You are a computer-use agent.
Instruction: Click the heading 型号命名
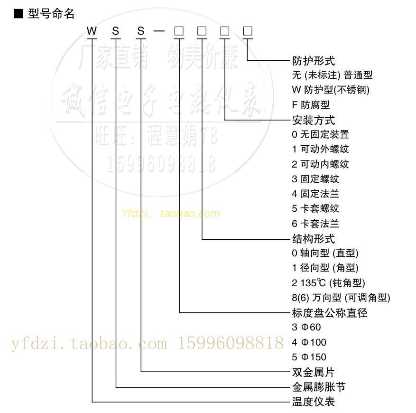tap(51, 14)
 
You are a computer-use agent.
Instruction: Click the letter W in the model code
tap(92, 31)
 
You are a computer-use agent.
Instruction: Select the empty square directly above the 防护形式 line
tap(248, 31)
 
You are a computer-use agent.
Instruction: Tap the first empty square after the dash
tap(179, 31)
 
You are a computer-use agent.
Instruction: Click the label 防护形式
tap(314, 60)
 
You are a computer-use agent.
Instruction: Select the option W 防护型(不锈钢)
tap(331, 90)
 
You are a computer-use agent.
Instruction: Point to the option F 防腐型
tap(311, 104)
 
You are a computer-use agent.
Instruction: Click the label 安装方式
tap(314, 120)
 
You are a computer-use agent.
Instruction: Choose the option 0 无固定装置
tap(321, 134)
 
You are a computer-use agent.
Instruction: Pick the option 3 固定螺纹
tap(316, 179)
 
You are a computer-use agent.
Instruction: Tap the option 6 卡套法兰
tap(316, 224)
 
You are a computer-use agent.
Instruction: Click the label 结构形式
tap(314, 238)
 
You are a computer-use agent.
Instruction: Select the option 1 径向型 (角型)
tap(325, 268)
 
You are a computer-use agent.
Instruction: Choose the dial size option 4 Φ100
tap(309, 342)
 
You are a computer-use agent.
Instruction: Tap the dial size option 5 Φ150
tap(309, 357)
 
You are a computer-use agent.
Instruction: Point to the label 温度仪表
tap(314, 402)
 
